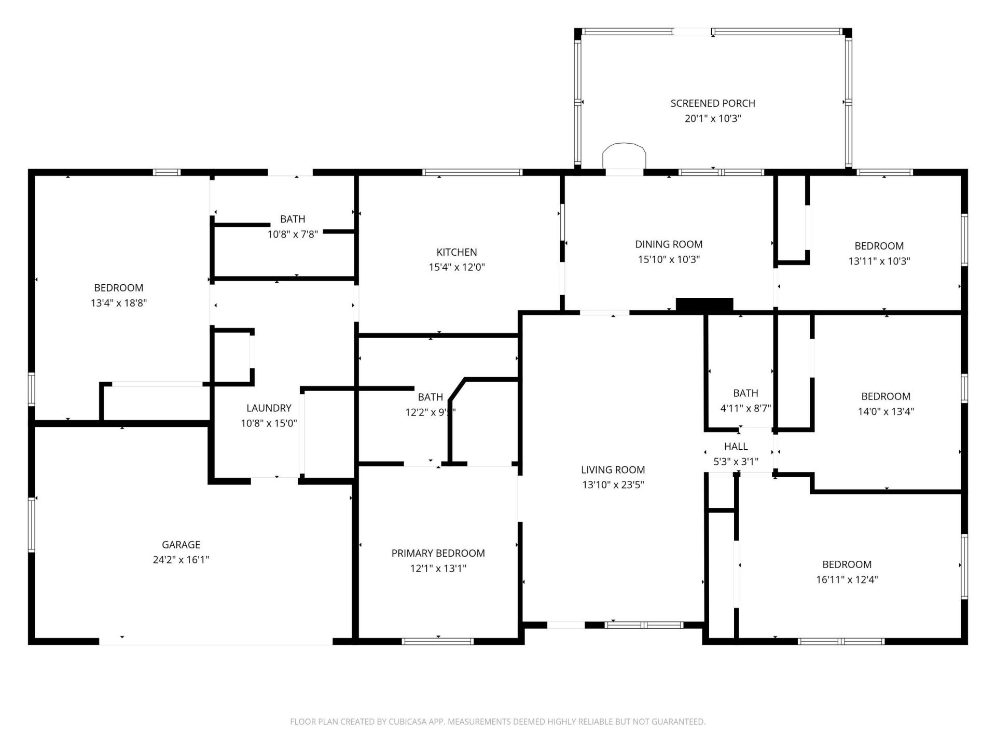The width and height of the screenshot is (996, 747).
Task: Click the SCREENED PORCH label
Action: point(712,103)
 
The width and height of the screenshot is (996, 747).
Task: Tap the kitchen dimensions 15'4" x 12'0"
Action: point(457,267)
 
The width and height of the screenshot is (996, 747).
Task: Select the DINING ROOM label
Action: point(669,244)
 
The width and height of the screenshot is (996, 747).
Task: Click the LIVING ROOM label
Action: point(613,470)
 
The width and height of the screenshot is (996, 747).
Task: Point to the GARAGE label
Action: point(181,545)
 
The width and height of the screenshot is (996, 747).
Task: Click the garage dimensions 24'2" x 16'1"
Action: point(181,560)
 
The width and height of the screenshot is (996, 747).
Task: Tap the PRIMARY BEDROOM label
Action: point(438,554)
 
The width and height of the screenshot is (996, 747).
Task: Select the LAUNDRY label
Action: point(269,408)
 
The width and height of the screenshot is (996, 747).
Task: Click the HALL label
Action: point(736,447)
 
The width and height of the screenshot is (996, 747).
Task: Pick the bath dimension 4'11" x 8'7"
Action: point(745,408)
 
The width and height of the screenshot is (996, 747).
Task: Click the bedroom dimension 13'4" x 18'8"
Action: point(119,303)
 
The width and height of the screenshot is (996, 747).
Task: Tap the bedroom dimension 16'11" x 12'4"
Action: point(847,579)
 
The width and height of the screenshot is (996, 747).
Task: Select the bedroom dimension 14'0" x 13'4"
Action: point(886,411)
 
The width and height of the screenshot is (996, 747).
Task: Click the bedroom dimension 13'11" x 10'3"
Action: point(879,261)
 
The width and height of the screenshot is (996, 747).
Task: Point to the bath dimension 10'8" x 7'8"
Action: point(292,234)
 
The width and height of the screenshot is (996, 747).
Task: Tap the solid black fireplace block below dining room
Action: point(704,305)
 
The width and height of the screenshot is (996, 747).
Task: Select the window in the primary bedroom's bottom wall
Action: point(438,642)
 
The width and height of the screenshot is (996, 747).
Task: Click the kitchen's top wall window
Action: point(472,172)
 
